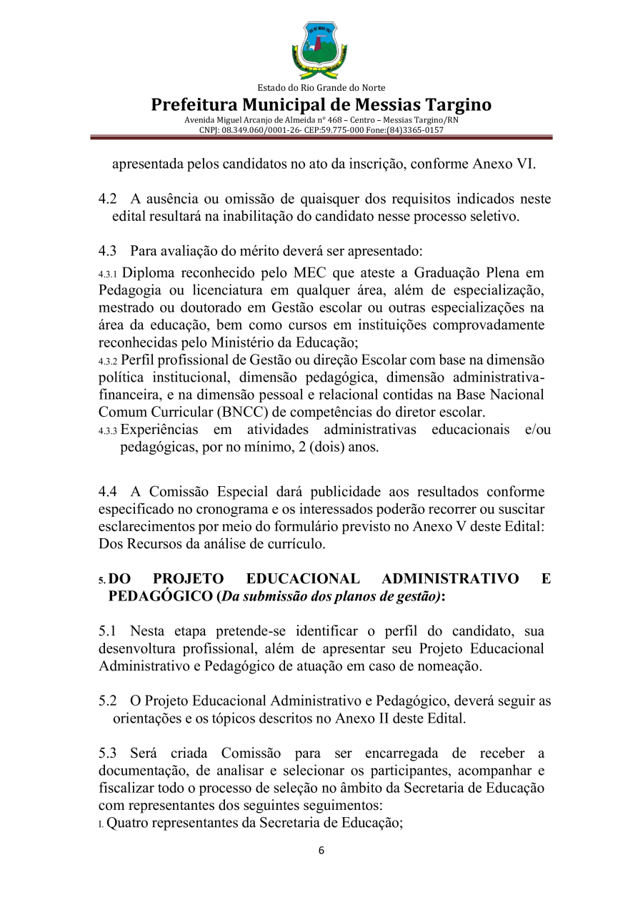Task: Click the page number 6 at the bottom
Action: [321, 851]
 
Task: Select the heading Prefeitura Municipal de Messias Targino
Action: [321, 104]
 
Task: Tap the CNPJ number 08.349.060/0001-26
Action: [254, 130]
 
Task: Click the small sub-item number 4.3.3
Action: [109, 431]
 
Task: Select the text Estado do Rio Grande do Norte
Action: [321, 88]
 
